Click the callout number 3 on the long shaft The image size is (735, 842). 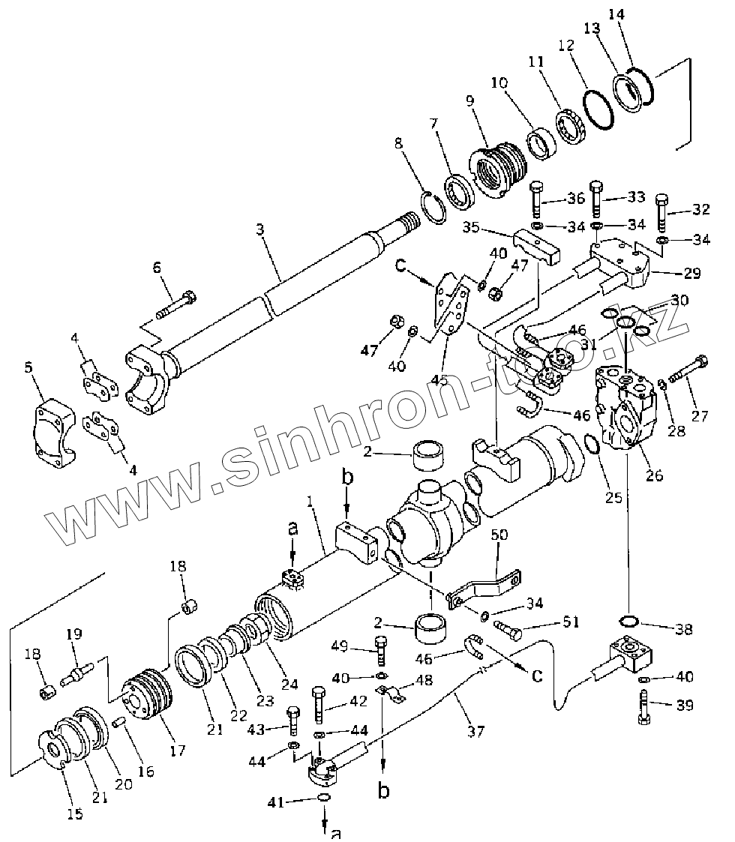tap(259, 229)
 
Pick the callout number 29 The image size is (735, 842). tap(691, 274)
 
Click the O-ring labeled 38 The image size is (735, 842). tap(628, 620)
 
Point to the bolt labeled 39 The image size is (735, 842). tap(643, 705)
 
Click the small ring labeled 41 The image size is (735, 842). tap(323, 797)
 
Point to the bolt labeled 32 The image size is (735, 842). tap(664, 213)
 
